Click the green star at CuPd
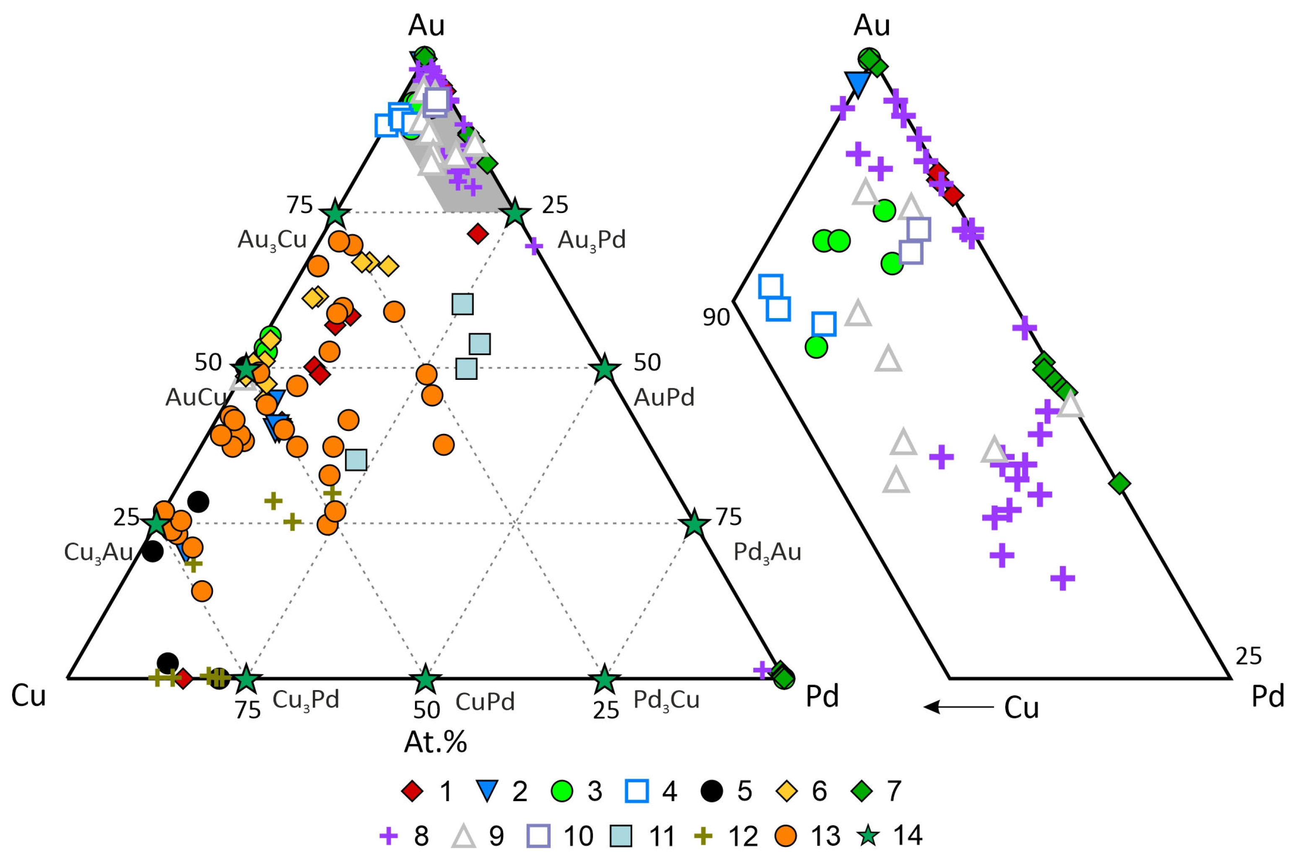(x=426, y=680)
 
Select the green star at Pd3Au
(x=694, y=524)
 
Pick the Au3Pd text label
(x=592, y=240)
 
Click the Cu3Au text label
(x=99, y=553)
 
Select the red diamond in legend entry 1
(x=413, y=792)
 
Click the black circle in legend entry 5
(x=712, y=792)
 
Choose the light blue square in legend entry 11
(x=621, y=836)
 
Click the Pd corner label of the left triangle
(x=822, y=697)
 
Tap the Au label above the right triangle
(x=872, y=25)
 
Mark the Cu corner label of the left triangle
(x=29, y=697)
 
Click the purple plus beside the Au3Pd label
(x=534, y=246)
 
